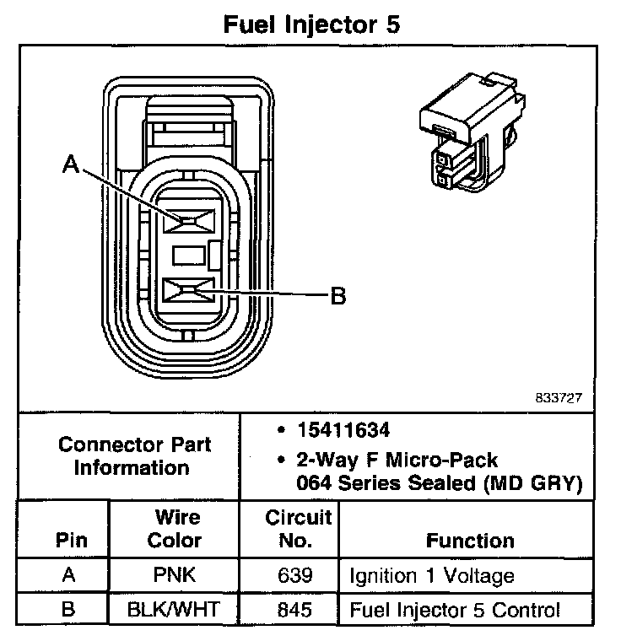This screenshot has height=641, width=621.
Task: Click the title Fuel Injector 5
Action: coord(310,24)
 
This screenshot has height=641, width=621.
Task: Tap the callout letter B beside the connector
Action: coord(337,296)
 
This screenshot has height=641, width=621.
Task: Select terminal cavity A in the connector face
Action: coord(190,221)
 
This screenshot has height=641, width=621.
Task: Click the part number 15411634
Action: coord(343,430)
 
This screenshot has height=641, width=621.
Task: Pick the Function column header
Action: coord(469,540)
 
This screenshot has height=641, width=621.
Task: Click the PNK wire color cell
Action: coord(175,577)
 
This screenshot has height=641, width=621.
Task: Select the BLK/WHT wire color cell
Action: coord(175,611)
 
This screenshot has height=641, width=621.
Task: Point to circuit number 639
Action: coord(289,577)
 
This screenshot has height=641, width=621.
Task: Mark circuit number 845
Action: coord(289,611)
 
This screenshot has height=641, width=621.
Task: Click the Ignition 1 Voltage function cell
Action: coord(431,577)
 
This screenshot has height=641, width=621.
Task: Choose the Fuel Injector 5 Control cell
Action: coord(454,611)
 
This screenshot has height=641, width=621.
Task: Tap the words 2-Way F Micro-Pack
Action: coord(397,461)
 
